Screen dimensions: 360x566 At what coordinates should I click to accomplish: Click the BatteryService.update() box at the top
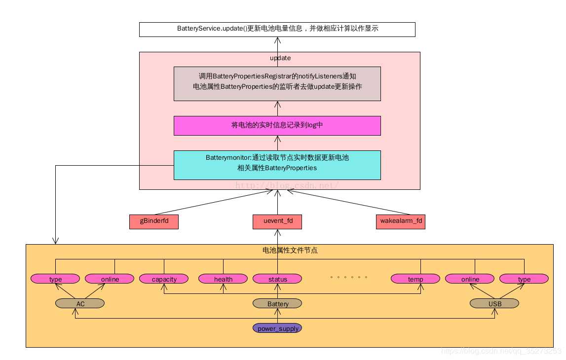click(x=277, y=29)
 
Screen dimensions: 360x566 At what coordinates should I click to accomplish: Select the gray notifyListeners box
click(x=277, y=83)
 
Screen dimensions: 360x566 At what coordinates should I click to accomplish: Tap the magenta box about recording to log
click(x=277, y=125)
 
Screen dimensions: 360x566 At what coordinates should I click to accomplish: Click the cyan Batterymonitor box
click(x=277, y=165)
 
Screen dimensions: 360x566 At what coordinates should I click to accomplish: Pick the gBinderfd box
click(x=154, y=222)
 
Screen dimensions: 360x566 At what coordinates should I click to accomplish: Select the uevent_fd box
click(x=277, y=222)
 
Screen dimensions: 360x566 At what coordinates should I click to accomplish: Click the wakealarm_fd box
click(x=401, y=222)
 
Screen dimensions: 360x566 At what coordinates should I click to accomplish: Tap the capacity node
click(x=164, y=279)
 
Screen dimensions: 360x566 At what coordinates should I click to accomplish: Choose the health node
click(x=223, y=279)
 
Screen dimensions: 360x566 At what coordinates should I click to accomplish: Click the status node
click(x=277, y=279)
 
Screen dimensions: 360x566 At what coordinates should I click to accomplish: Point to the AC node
click(x=80, y=304)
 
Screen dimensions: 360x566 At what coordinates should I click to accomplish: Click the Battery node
click(x=277, y=304)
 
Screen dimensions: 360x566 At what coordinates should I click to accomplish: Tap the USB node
click(x=494, y=304)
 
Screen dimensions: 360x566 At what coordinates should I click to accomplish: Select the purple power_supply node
click(x=277, y=328)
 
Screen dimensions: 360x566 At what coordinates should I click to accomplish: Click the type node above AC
click(x=55, y=279)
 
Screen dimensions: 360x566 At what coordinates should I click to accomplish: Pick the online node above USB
click(x=470, y=279)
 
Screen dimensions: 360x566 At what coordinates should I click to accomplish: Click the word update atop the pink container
click(x=280, y=58)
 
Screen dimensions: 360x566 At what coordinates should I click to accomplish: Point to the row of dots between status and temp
click(x=349, y=277)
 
